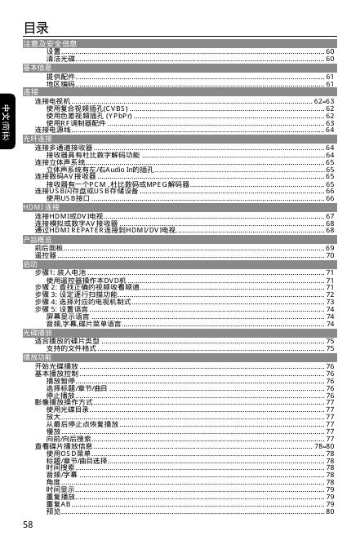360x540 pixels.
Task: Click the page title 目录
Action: click(39, 29)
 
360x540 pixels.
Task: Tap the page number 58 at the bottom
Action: click(29, 523)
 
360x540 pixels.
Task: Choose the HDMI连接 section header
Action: click(41, 208)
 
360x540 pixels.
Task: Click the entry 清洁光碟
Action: click(61, 60)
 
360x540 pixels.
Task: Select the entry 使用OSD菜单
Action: click(69, 454)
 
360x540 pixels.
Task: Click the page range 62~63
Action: click(324, 100)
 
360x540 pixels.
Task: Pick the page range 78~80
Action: click(324, 446)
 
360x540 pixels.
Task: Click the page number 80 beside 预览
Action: click(330, 511)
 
